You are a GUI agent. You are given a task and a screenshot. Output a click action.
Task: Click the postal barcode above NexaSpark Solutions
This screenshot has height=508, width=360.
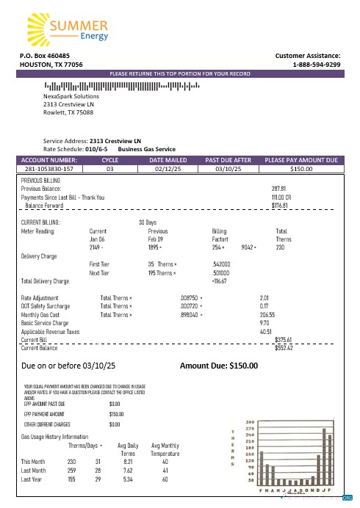click(120, 86)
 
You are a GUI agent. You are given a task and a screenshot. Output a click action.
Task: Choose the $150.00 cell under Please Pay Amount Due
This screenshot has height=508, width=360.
click(301, 169)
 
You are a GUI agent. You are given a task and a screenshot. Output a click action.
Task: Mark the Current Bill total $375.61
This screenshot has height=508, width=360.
click(284, 340)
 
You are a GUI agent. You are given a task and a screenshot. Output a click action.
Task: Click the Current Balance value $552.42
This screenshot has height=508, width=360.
click(284, 348)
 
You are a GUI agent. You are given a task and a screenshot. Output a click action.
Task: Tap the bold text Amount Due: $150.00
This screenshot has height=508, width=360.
click(219, 365)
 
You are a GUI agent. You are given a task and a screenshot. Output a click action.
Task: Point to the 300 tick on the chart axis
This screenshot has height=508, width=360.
click(250, 422)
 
